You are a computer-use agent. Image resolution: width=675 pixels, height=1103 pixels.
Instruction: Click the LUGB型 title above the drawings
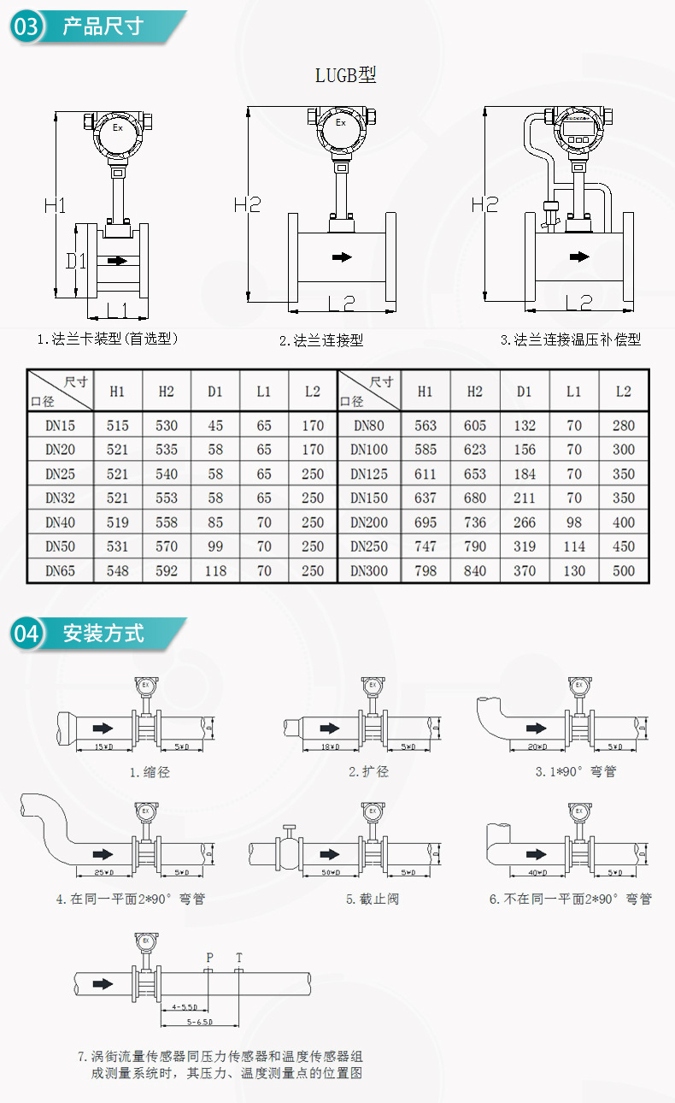(x=346, y=75)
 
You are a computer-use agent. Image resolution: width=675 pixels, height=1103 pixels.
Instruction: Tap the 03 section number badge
(x=26, y=27)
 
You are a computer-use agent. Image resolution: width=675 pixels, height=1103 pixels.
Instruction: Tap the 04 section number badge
(x=26, y=634)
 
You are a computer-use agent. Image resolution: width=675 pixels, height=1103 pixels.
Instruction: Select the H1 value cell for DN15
(x=117, y=425)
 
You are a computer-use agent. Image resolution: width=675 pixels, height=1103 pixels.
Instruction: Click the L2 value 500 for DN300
(x=624, y=570)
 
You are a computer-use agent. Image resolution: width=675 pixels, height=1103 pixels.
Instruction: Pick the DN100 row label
(x=369, y=449)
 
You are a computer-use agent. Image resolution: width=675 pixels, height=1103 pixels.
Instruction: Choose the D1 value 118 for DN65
(x=214, y=570)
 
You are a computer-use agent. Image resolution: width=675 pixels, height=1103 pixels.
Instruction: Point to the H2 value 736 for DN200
(x=474, y=522)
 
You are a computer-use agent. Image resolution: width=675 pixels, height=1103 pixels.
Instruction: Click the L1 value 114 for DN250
(x=573, y=546)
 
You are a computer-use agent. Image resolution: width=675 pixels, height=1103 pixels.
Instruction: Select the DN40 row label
(x=60, y=522)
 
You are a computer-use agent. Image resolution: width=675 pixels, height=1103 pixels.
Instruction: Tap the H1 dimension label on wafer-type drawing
(x=56, y=205)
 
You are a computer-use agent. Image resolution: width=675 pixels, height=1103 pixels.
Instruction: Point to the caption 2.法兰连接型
(x=321, y=340)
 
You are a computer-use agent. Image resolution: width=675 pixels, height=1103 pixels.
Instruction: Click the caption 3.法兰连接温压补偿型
(x=570, y=339)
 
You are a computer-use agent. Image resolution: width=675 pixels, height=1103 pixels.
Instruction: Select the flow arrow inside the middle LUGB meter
(x=342, y=257)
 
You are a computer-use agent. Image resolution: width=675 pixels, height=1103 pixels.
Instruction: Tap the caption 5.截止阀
(x=372, y=899)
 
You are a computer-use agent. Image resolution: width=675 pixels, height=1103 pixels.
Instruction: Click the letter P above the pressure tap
(x=208, y=958)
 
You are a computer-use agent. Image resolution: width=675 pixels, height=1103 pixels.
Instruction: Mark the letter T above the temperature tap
(x=239, y=958)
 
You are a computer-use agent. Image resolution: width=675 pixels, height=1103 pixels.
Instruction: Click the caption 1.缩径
(x=150, y=772)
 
